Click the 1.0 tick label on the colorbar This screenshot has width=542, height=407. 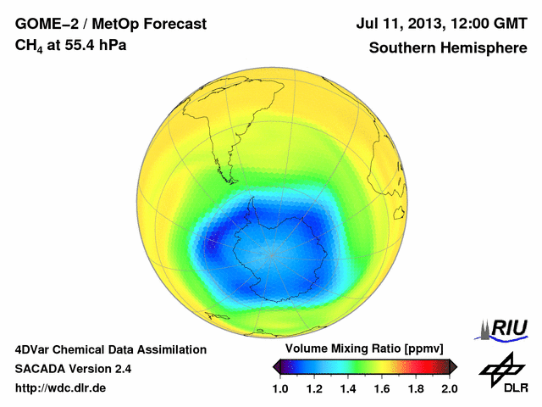point(280,388)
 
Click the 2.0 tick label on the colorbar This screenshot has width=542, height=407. point(450,388)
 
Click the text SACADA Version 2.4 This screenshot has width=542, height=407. point(73,369)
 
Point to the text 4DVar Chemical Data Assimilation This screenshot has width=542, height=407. point(111,349)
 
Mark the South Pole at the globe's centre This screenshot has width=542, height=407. point(272,254)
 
